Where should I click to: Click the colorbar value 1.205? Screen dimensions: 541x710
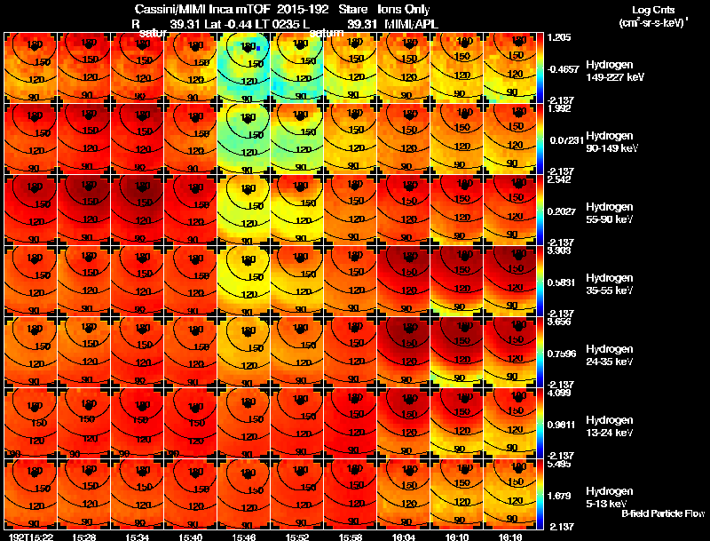point(559,38)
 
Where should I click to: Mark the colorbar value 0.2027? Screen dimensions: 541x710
point(561,210)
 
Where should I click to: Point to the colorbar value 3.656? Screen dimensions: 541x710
point(559,322)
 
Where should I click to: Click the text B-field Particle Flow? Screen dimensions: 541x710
point(662,513)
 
